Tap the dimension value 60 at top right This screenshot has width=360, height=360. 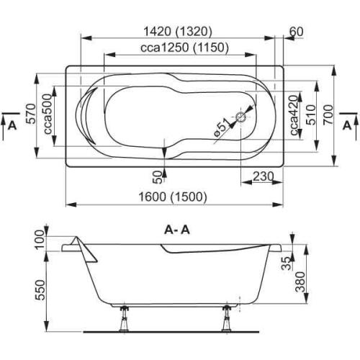point(295,32)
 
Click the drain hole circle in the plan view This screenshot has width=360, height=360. point(240,114)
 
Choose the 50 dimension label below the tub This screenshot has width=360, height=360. point(158,177)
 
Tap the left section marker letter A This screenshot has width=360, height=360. point(10,125)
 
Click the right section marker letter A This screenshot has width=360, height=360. point(348,125)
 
